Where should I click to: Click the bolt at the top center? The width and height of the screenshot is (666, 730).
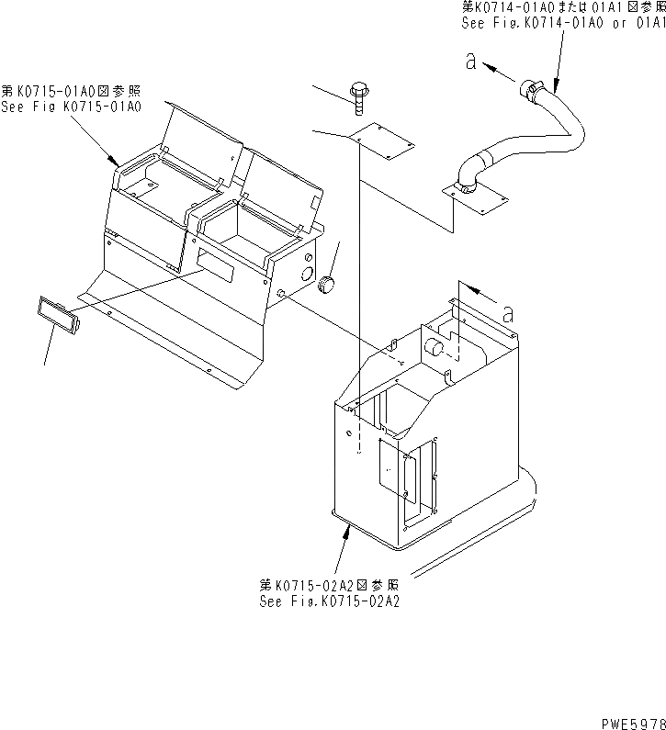(x=358, y=94)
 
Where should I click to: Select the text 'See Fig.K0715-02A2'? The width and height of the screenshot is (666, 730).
(x=329, y=601)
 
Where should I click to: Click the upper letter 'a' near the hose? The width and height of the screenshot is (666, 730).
(x=470, y=62)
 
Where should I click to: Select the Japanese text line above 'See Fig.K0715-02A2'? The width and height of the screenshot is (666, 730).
(x=329, y=585)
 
